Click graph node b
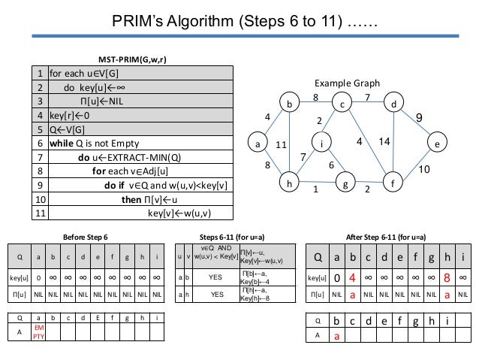[x=289, y=104]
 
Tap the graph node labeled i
[x=321, y=140]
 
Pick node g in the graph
[x=346, y=183]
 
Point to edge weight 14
[x=384, y=141]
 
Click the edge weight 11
[x=282, y=144]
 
